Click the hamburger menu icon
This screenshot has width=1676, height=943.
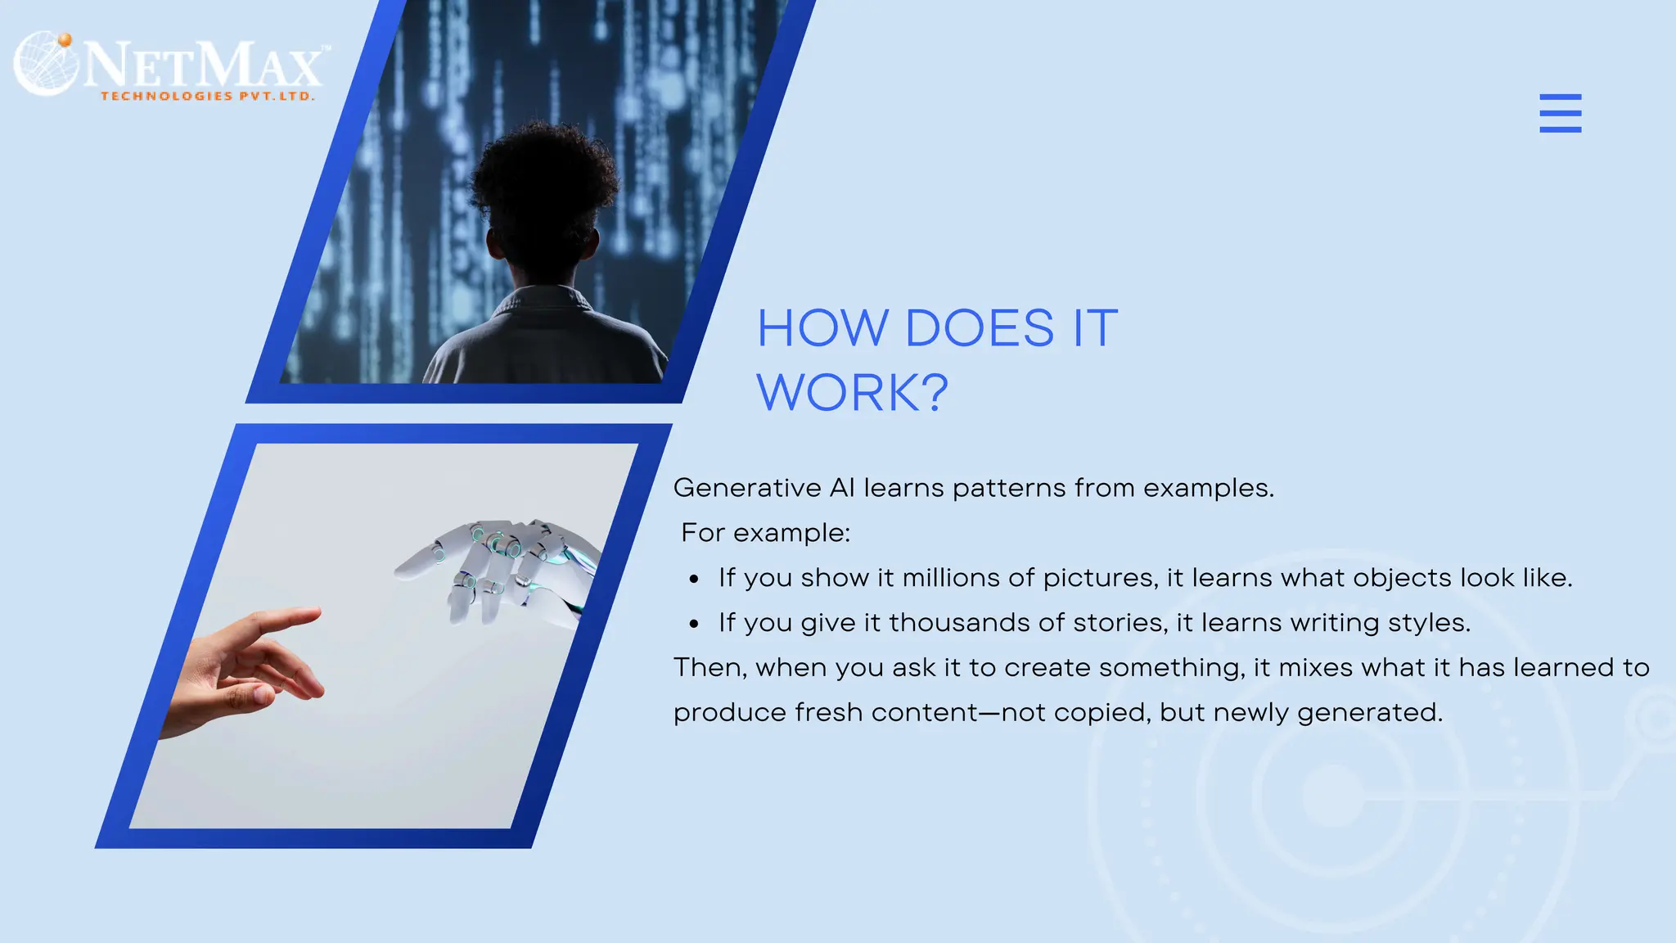point(1560,113)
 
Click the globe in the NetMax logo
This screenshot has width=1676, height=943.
point(46,64)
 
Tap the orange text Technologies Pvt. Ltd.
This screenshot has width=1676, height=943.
point(207,97)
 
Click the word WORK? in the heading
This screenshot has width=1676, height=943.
point(852,393)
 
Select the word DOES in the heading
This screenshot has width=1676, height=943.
point(980,328)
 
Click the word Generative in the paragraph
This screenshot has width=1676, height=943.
point(746,488)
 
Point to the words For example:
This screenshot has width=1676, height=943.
point(766,533)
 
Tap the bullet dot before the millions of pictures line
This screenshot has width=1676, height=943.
point(694,580)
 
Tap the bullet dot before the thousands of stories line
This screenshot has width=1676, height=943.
point(694,625)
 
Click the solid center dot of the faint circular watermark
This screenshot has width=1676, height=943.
point(1333,796)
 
